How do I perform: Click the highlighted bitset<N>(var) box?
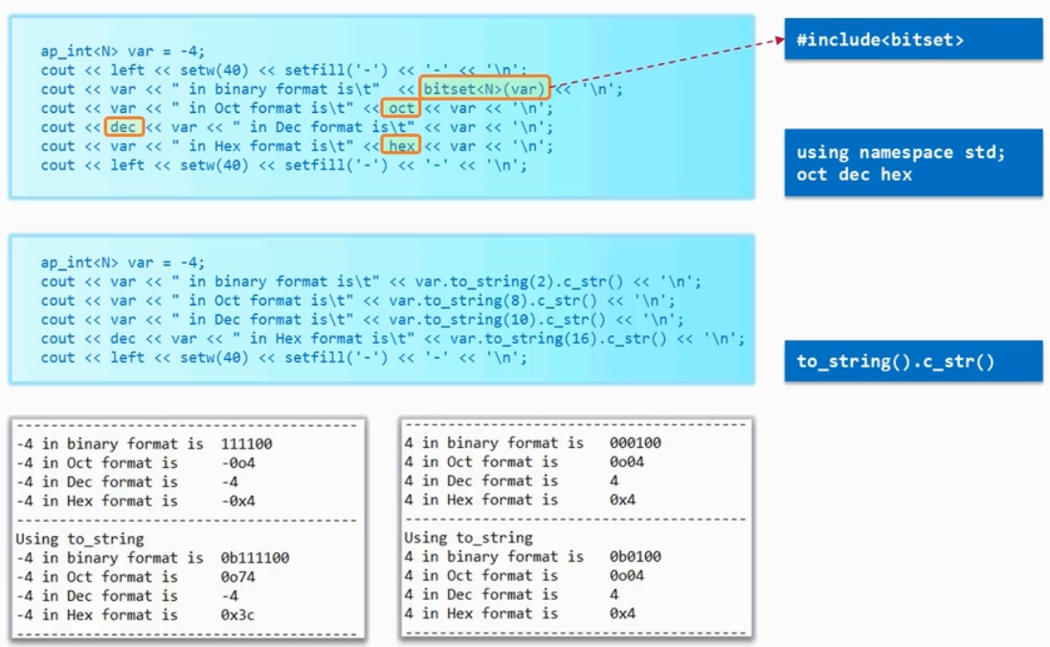(484, 88)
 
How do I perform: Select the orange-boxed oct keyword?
(400, 108)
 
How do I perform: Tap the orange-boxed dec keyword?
(123, 126)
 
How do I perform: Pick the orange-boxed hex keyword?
(400, 145)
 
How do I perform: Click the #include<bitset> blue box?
(913, 39)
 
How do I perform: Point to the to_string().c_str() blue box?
(913, 361)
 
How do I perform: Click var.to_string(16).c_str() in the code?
(558, 338)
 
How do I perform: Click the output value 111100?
(246, 443)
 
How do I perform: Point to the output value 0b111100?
(256, 558)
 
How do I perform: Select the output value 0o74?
(237, 577)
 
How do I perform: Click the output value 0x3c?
(237, 614)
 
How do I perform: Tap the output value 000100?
(636, 443)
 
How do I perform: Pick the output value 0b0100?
(636, 557)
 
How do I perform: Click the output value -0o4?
(237, 463)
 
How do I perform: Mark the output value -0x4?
(237, 501)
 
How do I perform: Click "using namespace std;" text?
(901, 153)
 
